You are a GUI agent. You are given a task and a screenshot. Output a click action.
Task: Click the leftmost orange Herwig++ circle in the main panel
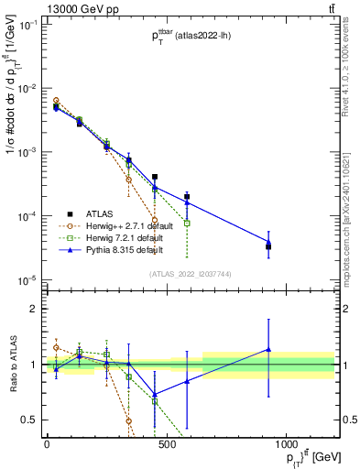pyautogui.click(x=56, y=101)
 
